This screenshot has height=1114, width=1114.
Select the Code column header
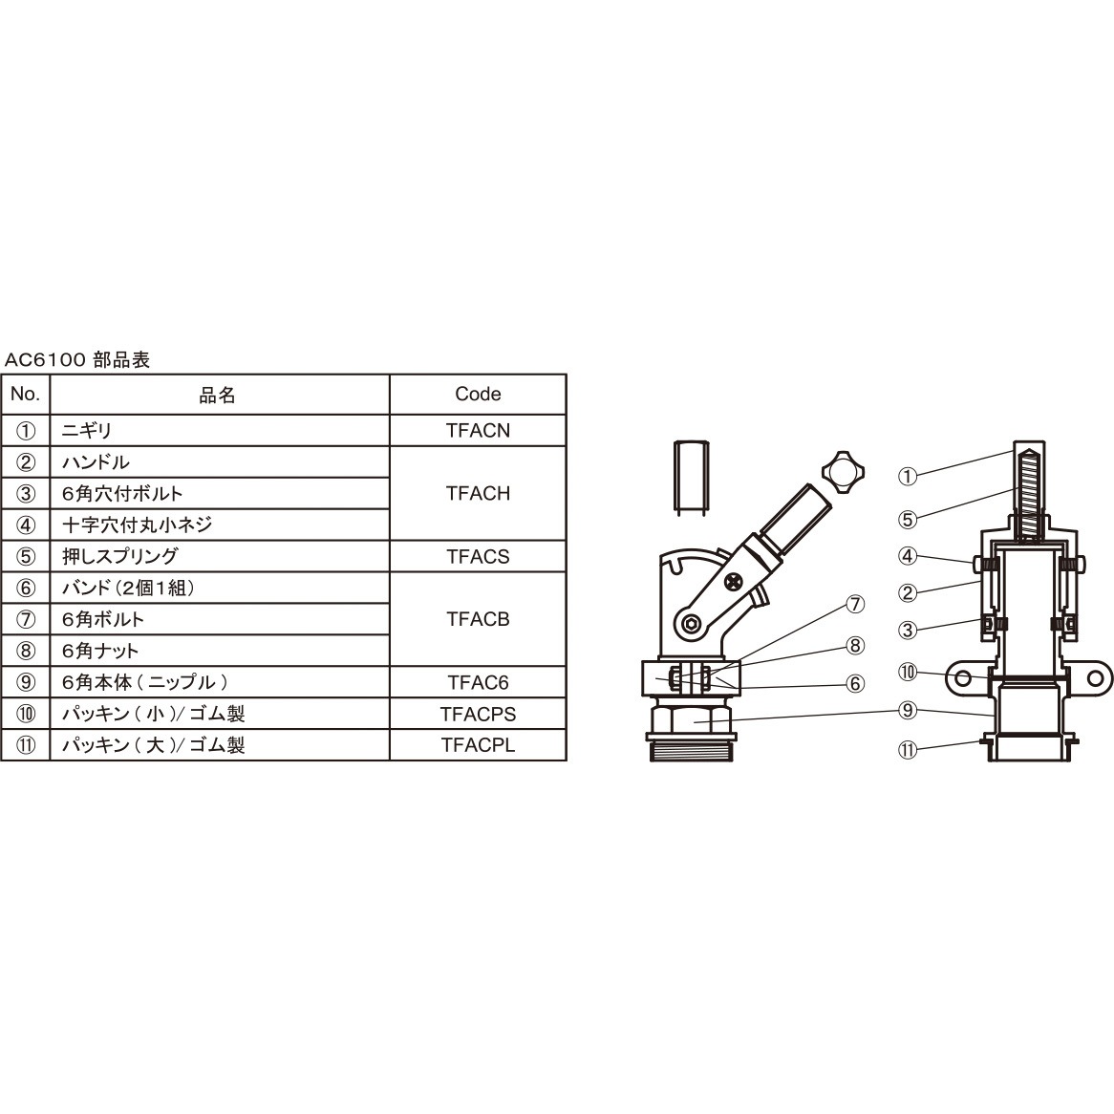coord(478,394)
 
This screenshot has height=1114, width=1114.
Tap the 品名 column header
coord(218,395)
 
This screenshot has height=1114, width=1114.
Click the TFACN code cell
coord(478,430)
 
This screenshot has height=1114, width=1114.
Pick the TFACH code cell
coord(478,493)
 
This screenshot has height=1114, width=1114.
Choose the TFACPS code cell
coord(478,714)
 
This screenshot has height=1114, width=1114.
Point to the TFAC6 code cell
coord(478,682)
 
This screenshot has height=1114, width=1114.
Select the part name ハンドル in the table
coord(96,462)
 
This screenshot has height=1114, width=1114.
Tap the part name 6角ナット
coord(100,651)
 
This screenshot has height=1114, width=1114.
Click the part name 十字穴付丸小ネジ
coord(137,525)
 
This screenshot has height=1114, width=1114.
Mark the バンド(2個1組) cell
coord(128,588)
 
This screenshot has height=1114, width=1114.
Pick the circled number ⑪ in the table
coord(27,745)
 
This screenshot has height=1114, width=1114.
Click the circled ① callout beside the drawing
coord(908,474)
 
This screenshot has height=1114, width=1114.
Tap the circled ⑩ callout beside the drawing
coord(908,673)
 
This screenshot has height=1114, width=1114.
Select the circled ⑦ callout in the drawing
coord(854,604)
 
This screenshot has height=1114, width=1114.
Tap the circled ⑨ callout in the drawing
coord(908,710)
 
